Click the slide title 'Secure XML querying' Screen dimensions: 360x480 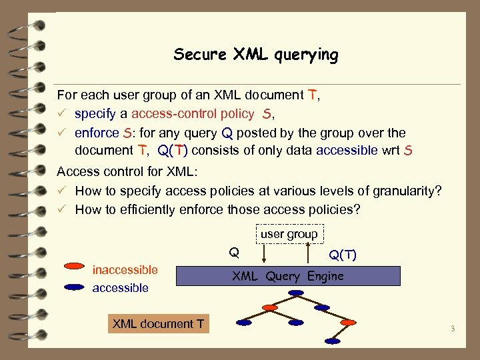click(x=256, y=55)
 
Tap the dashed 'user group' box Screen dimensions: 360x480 click(x=289, y=234)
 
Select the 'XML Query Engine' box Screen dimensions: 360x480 click(x=287, y=276)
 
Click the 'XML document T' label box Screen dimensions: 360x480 click(x=159, y=324)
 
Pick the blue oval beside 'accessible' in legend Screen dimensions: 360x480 click(x=74, y=287)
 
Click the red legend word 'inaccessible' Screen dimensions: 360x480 click(x=125, y=270)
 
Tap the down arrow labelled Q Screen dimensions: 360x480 click(x=264, y=255)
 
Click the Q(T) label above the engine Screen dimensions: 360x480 click(x=343, y=255)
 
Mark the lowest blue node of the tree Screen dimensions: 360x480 click(x=332, y=341)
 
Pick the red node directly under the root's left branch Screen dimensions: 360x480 click(x=269, y=308)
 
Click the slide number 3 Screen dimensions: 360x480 click(x=452, y=328)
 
